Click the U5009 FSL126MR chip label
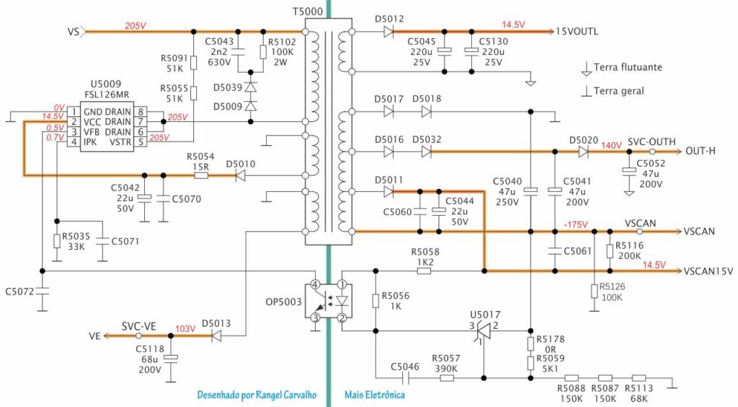pyautogui.click(x=107, y=89)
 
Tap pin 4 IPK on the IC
pyautogui.click(x=74, y=141)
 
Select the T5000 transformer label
pyautogui.click(x=308, y=12)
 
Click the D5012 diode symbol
pyautogui.click(x=388, y=32)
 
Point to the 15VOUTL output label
pyautogui.click(x=577, y=32)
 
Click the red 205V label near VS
pyautogui.click(x=135, y=26)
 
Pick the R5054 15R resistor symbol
pyautogui.click(x=201, y=175)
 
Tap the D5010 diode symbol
pyautogui.click(x=240, y=175)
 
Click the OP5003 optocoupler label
pyautogui.click(x=283, y=302)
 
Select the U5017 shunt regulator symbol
pyautogui.click(x=484, y=331)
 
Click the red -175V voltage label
pyautogui.click(x=576, y=224)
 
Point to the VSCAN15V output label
pyautogui.click(x=708, y=271)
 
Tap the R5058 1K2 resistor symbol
pyautogui.click(x=424, y=271)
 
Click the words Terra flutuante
pyautogui.click(x=628, y=67)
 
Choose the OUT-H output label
pyautogui.click(x=701, y=152)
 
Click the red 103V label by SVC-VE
pyautogui.click(x=185, y=328)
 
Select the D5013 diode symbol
pyautogui.click(x=216, y=336)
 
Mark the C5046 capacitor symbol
pyautogui.click(x=405, y=378)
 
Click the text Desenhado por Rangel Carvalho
pyautogui.click(x=257, y=395)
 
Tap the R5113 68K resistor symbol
pyautogui.click(x=639, y=378)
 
